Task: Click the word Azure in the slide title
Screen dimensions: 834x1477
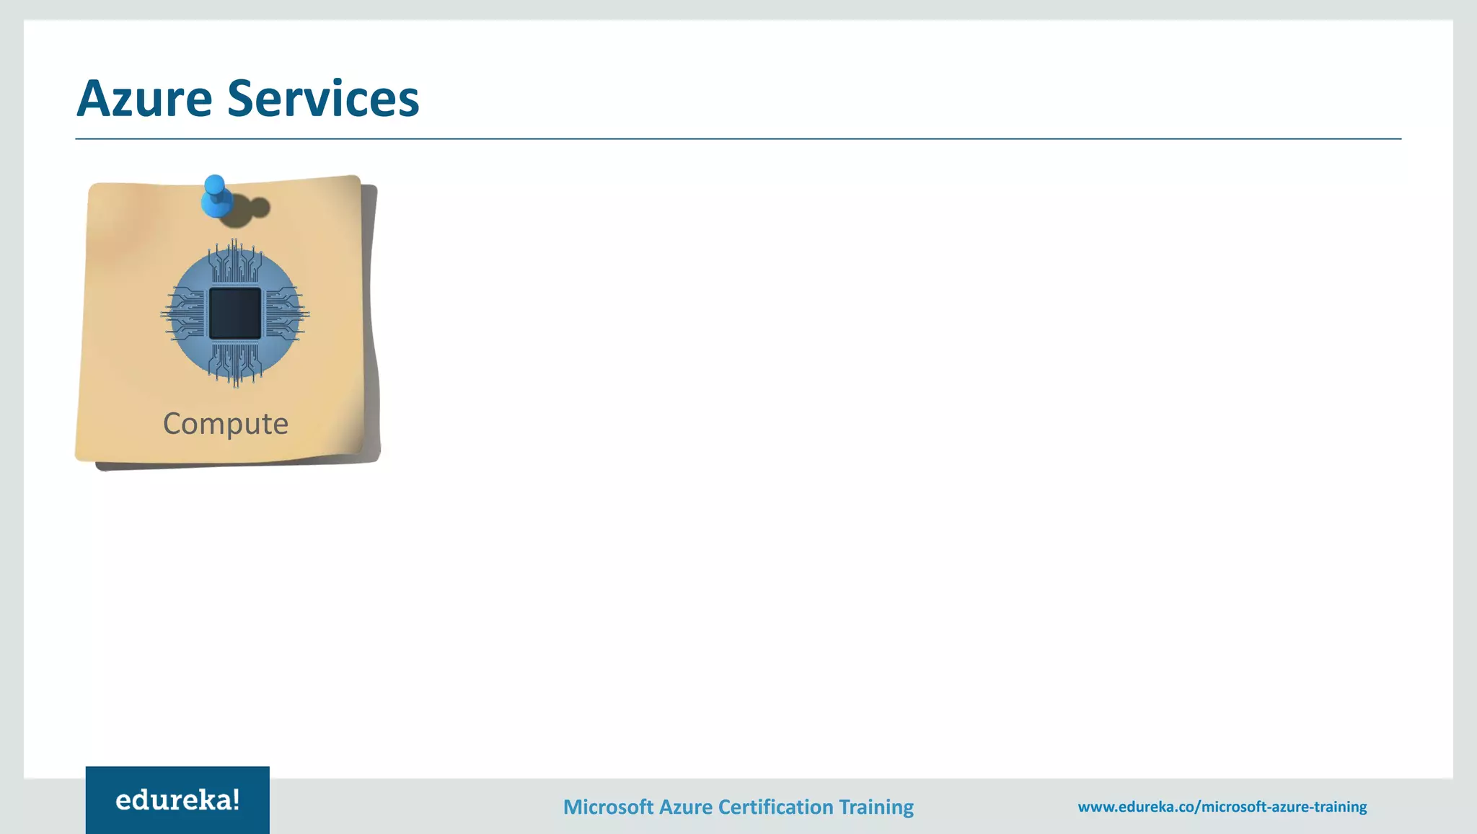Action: (x=144, y=98)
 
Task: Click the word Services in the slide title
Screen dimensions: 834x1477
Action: (x=323, y=98)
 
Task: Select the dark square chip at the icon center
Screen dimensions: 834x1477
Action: (x=235, y=314)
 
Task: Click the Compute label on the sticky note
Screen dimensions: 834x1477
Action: (x=226, y=423)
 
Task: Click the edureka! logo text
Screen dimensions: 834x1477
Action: (x=177, y=800)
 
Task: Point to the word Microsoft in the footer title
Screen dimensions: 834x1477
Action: (x=608, y=807)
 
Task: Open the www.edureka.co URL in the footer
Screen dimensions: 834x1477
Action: (x=1222, y=807)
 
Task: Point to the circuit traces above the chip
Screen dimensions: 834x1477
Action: (x=235, y=263)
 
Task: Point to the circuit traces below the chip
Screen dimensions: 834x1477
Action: (x=235, y=364)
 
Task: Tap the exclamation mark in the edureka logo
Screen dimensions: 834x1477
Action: (x=236, y=799)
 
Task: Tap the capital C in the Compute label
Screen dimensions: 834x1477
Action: (x=172, y=423)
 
